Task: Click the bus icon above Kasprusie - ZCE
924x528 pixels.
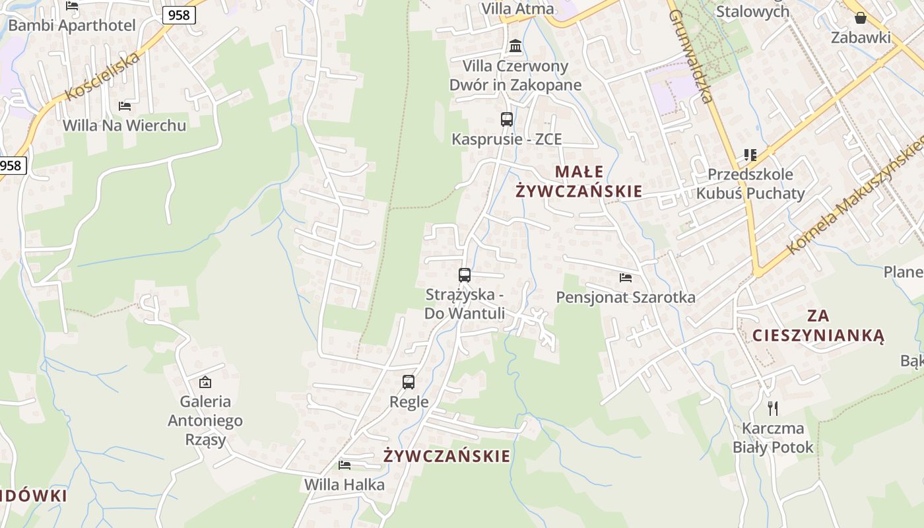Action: point(507,119)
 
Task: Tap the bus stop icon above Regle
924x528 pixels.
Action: point(409,381)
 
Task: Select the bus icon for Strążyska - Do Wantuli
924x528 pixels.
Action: point(465,275)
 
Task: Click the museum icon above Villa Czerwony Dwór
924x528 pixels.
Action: point(515,46)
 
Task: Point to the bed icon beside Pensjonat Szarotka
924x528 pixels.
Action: point(626,278)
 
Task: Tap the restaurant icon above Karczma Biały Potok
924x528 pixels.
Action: point(773,409)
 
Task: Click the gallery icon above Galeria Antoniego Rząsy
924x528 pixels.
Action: point(205,381)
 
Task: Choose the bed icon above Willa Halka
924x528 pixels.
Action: point(345,465)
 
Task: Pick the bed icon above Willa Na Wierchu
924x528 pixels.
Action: point(124,106)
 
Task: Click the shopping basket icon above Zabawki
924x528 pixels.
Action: point(861,18)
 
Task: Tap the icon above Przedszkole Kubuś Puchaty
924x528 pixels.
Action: point(750,155)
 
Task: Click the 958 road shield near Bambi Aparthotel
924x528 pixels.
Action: point(179,15)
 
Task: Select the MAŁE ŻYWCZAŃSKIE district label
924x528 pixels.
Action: point(579,181)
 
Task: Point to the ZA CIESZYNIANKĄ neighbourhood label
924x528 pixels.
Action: point(818,325)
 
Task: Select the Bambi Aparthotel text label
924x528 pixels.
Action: point(72,26)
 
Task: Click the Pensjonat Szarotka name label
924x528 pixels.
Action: point(626,297)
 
